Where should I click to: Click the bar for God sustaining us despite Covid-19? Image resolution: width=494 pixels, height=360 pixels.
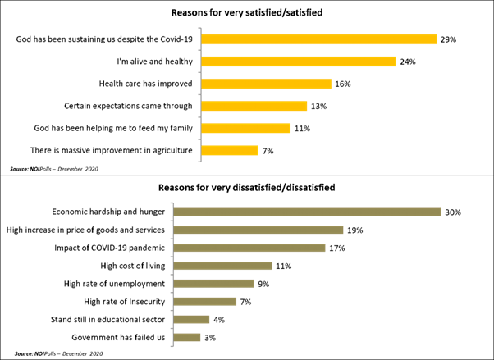[318, 39]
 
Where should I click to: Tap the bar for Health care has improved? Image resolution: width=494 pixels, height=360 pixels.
[266, 84]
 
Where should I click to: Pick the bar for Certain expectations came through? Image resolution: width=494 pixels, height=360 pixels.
[254, 106]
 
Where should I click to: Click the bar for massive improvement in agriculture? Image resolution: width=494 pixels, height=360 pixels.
[230, 150]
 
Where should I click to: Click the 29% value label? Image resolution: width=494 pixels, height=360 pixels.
[447, 39]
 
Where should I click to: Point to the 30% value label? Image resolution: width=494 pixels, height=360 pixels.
[452, 212]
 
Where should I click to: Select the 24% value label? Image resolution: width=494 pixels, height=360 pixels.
[408, 62]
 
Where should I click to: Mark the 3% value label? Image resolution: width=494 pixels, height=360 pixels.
[211, 338]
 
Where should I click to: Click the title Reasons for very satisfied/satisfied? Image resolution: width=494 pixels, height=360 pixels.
[246, 13]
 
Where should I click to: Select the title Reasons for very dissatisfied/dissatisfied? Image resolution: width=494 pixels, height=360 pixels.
[246, 188]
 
